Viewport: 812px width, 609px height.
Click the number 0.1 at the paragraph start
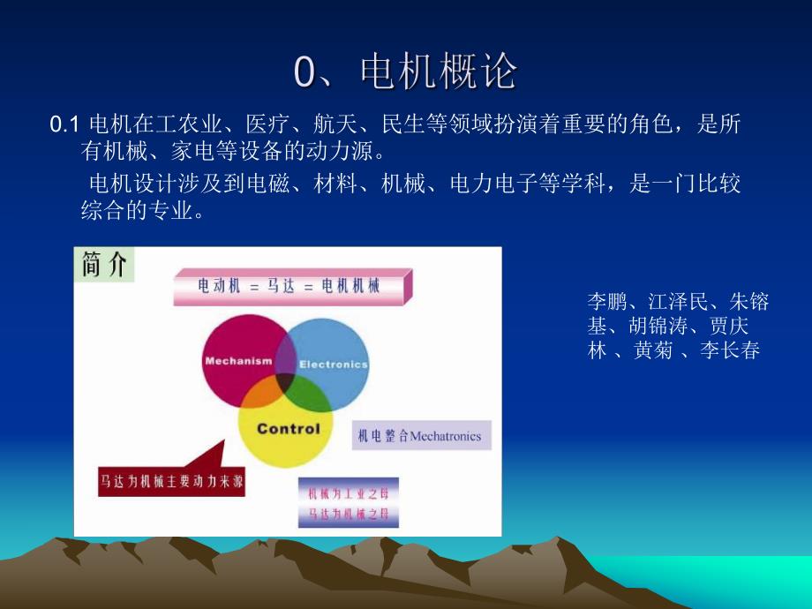click(x=65, y=125)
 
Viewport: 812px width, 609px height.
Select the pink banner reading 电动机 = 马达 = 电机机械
click(x=289, y=287)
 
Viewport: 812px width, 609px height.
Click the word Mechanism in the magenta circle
click(x=236, y=361)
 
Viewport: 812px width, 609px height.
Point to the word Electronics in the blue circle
click(x=333, y=364)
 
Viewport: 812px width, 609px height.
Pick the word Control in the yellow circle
click(x=288, y=429)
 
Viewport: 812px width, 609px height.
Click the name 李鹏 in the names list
click(x=606, y=303)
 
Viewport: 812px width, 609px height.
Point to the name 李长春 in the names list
click(x=730, y=350)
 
